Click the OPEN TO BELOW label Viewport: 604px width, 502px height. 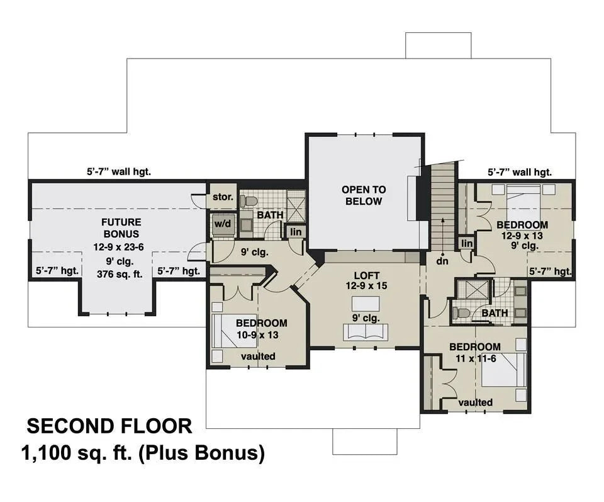click(364, 195)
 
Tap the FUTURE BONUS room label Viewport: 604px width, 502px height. click(121, 228)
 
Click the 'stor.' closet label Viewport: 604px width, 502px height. click(223, 197)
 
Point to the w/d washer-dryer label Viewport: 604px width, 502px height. click(222, 224)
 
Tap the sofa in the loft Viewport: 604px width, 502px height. click(366, 331)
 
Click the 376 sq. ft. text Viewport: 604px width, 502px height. click(121, 273)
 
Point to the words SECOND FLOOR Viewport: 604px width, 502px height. click(109, 426)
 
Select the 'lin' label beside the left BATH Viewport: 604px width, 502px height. click(294, 231)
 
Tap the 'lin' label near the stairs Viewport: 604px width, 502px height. click(466, 244)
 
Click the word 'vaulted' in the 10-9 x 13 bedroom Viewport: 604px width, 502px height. click(258, 357)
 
